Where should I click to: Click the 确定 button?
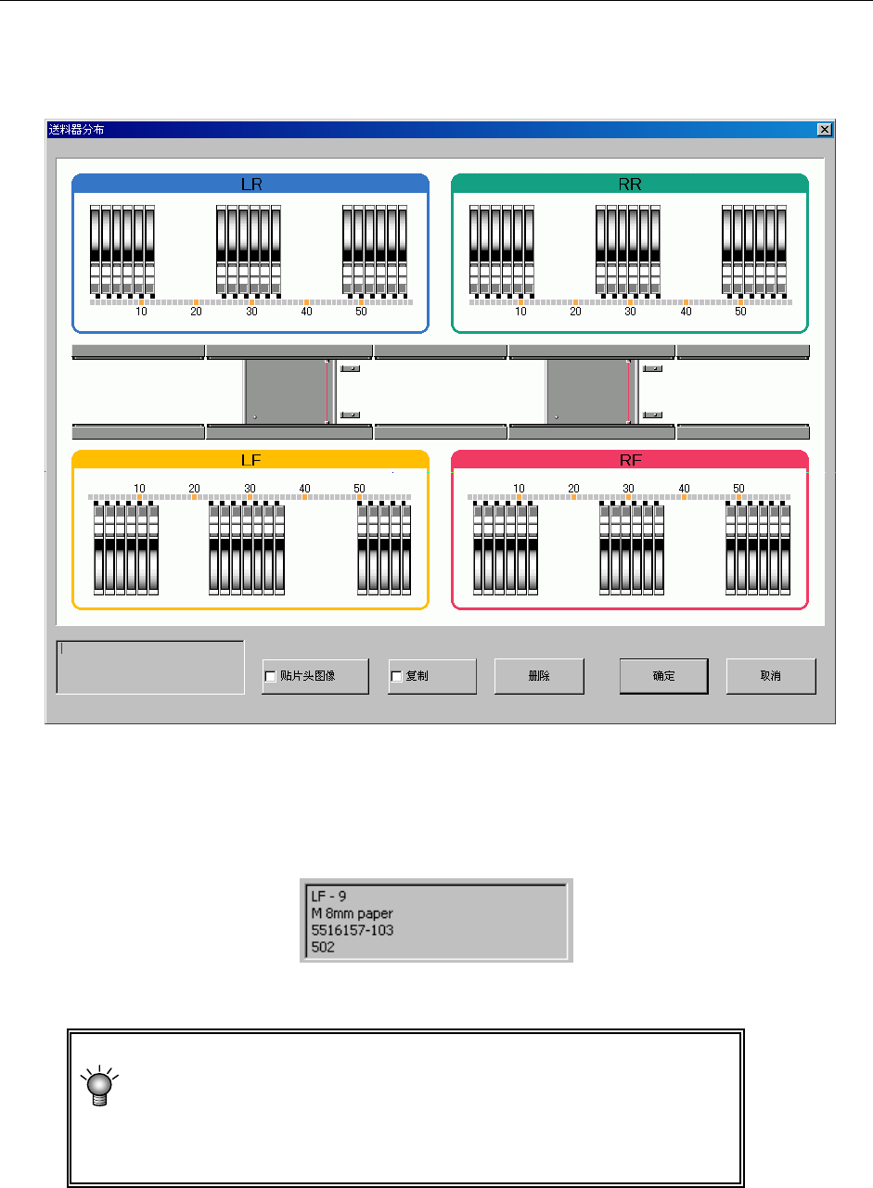click(663, 676)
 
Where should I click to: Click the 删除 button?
click(538, 676)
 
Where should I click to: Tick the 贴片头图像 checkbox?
click(270, 676)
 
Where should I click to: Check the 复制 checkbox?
click(395, 676)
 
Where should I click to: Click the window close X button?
click(824, 130)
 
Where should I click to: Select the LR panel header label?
click(250, 184)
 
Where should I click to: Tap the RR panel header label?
click(630, 184)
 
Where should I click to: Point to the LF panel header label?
click(250, 460)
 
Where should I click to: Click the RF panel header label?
click(630, 460)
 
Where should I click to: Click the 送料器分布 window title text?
click(76, 130)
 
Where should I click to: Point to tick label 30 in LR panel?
click(251, 312)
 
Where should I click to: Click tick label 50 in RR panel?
click(740, 312)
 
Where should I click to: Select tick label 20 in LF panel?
click(194, 488)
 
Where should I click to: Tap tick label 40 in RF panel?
click(685, 488)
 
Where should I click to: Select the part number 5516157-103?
click(353, 930)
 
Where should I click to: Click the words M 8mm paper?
click(352, 913)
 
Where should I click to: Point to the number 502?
click(323, 947)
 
